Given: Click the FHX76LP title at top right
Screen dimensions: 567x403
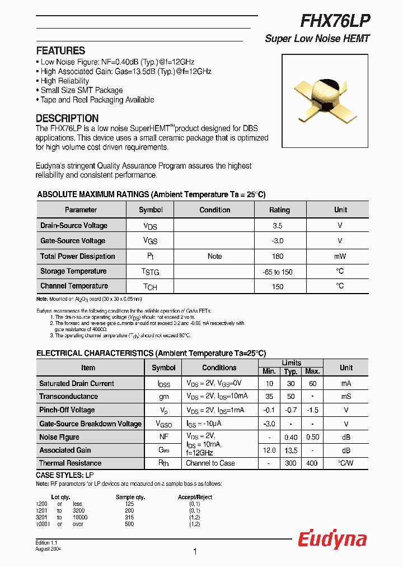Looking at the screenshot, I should tap(335, 21).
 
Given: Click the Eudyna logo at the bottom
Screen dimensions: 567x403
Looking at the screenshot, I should tap(332, 539).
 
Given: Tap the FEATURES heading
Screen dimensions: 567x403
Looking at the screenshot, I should tap(60, 50).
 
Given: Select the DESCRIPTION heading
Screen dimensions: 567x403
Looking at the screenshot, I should tap(67, 118).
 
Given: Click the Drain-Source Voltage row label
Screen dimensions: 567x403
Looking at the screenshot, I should tap(74, 225).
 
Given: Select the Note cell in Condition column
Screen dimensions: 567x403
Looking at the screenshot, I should tap(214, 256).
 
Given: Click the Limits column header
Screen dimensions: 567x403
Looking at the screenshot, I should tap(291, 363).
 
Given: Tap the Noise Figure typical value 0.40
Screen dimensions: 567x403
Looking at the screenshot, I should tap(290, 437).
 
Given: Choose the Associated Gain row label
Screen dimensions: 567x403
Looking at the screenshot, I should tap(65, 450).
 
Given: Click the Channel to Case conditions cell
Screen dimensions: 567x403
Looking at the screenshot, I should tap(210, 463).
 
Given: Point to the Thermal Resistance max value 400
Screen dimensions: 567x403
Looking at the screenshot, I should tap(312, 463).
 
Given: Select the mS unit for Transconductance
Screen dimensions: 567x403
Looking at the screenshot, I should tap(346, 397).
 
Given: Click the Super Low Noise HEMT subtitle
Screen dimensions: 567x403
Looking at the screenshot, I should tap(317, 39).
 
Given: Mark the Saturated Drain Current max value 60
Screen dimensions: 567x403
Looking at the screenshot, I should tap(312, 384).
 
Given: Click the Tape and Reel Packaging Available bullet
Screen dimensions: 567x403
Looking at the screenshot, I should tap(97, 100).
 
